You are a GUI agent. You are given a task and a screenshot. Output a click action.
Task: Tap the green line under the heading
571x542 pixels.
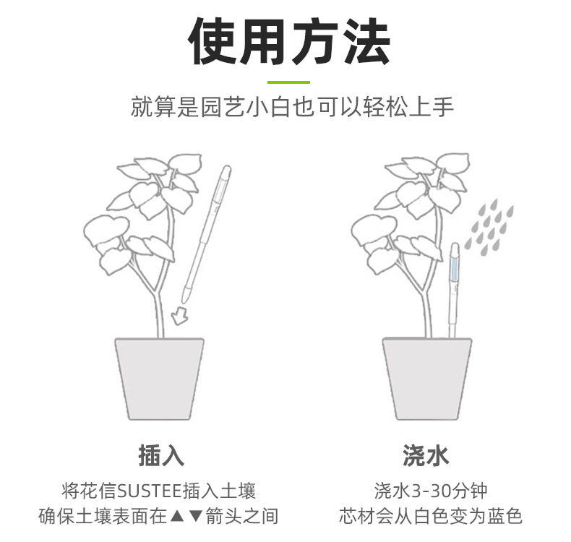(288, 82)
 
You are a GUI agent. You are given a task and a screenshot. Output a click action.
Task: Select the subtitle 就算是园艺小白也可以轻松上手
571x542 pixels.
(292, 108)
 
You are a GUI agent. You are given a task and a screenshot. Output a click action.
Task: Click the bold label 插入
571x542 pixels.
(160, 456)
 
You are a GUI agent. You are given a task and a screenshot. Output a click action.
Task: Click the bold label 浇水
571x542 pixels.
(426, 456)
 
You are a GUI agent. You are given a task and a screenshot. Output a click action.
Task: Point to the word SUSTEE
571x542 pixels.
(153, 492)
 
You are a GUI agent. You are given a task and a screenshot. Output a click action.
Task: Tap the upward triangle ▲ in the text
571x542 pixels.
(177, 517)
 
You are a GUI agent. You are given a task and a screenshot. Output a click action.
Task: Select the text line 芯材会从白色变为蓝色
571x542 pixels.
(430, 517)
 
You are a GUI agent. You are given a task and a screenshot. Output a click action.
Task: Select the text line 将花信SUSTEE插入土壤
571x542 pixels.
(159, 492)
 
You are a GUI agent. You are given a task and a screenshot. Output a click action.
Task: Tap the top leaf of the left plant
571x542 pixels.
(184, 162)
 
